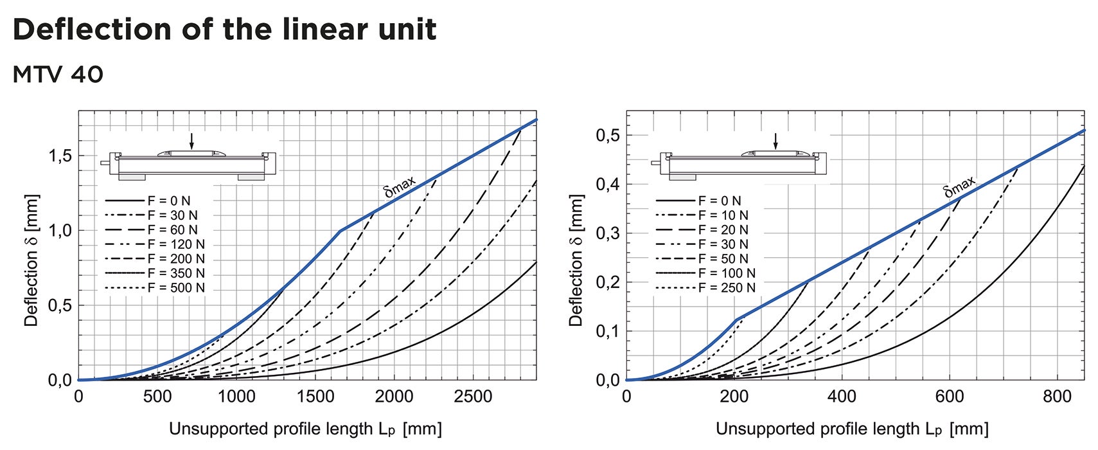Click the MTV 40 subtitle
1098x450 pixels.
(58, 75)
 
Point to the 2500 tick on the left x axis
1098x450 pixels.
(473, 397)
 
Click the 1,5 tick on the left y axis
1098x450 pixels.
(60, 156)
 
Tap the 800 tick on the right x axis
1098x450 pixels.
(1057, 397)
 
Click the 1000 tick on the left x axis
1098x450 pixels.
(236, 397)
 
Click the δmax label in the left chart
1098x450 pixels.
(400, 186)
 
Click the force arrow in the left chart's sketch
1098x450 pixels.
(191, 141)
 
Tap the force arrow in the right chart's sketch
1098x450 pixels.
(775, 141)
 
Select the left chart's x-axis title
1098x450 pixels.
(305, 429)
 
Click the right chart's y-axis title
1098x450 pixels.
(576, 260)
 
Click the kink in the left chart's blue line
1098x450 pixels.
(340, 230)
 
